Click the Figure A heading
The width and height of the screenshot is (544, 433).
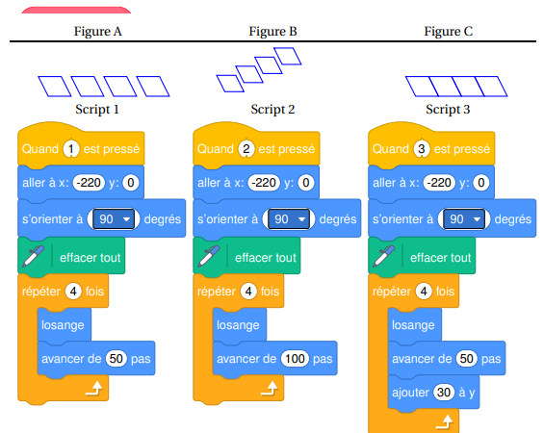coord(98,31)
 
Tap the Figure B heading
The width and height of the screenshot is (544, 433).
coord(273,31)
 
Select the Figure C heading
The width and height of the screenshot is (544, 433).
coord(449,31)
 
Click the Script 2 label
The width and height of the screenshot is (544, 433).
coord(272,109)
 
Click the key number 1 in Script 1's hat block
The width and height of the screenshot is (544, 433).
coord(71,149)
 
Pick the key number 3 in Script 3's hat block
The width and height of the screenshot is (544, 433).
coord(422,149)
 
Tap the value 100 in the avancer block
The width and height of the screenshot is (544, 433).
coord(295,359)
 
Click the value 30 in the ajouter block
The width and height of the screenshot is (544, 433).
coord(444,393)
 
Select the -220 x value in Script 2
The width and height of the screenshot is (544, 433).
coord(264,183)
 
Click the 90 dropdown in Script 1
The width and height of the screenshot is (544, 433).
coord(114,219)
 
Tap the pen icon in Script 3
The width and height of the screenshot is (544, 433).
coord(384,256)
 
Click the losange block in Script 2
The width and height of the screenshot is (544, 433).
coord(239,324)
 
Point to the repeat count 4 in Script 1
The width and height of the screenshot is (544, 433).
coord(73,292)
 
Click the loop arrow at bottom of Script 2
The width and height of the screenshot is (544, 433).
coord(270,389)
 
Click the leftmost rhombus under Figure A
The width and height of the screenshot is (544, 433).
coord(55,87)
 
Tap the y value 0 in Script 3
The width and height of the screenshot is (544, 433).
coord(481,183)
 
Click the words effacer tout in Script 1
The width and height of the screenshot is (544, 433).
coord(91,258)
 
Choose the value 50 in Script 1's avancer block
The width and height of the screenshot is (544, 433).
coord(117,359)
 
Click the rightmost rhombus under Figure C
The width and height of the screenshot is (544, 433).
coord(491,87)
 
